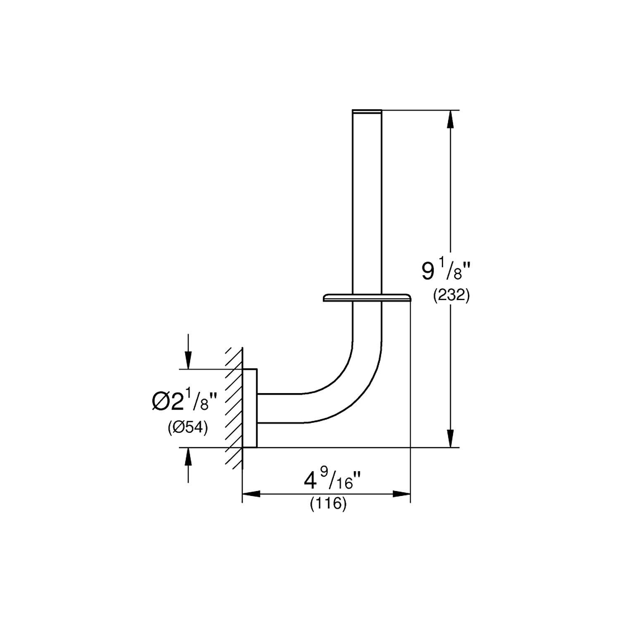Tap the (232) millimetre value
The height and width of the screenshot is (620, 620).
(x=451, y=296)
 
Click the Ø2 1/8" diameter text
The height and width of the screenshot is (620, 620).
(x=184, y=401)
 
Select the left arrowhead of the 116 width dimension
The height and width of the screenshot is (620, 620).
(x=251, y=494)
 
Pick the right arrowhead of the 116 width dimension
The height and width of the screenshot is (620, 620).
(x=401, y=494)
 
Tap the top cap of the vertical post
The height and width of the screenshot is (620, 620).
(x=367, y=111)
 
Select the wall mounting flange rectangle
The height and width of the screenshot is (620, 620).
(x=250, y=408)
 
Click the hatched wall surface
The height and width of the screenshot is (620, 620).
(x=234, y=408)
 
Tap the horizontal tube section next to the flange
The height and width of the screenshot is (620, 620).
(x=281, y=408)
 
